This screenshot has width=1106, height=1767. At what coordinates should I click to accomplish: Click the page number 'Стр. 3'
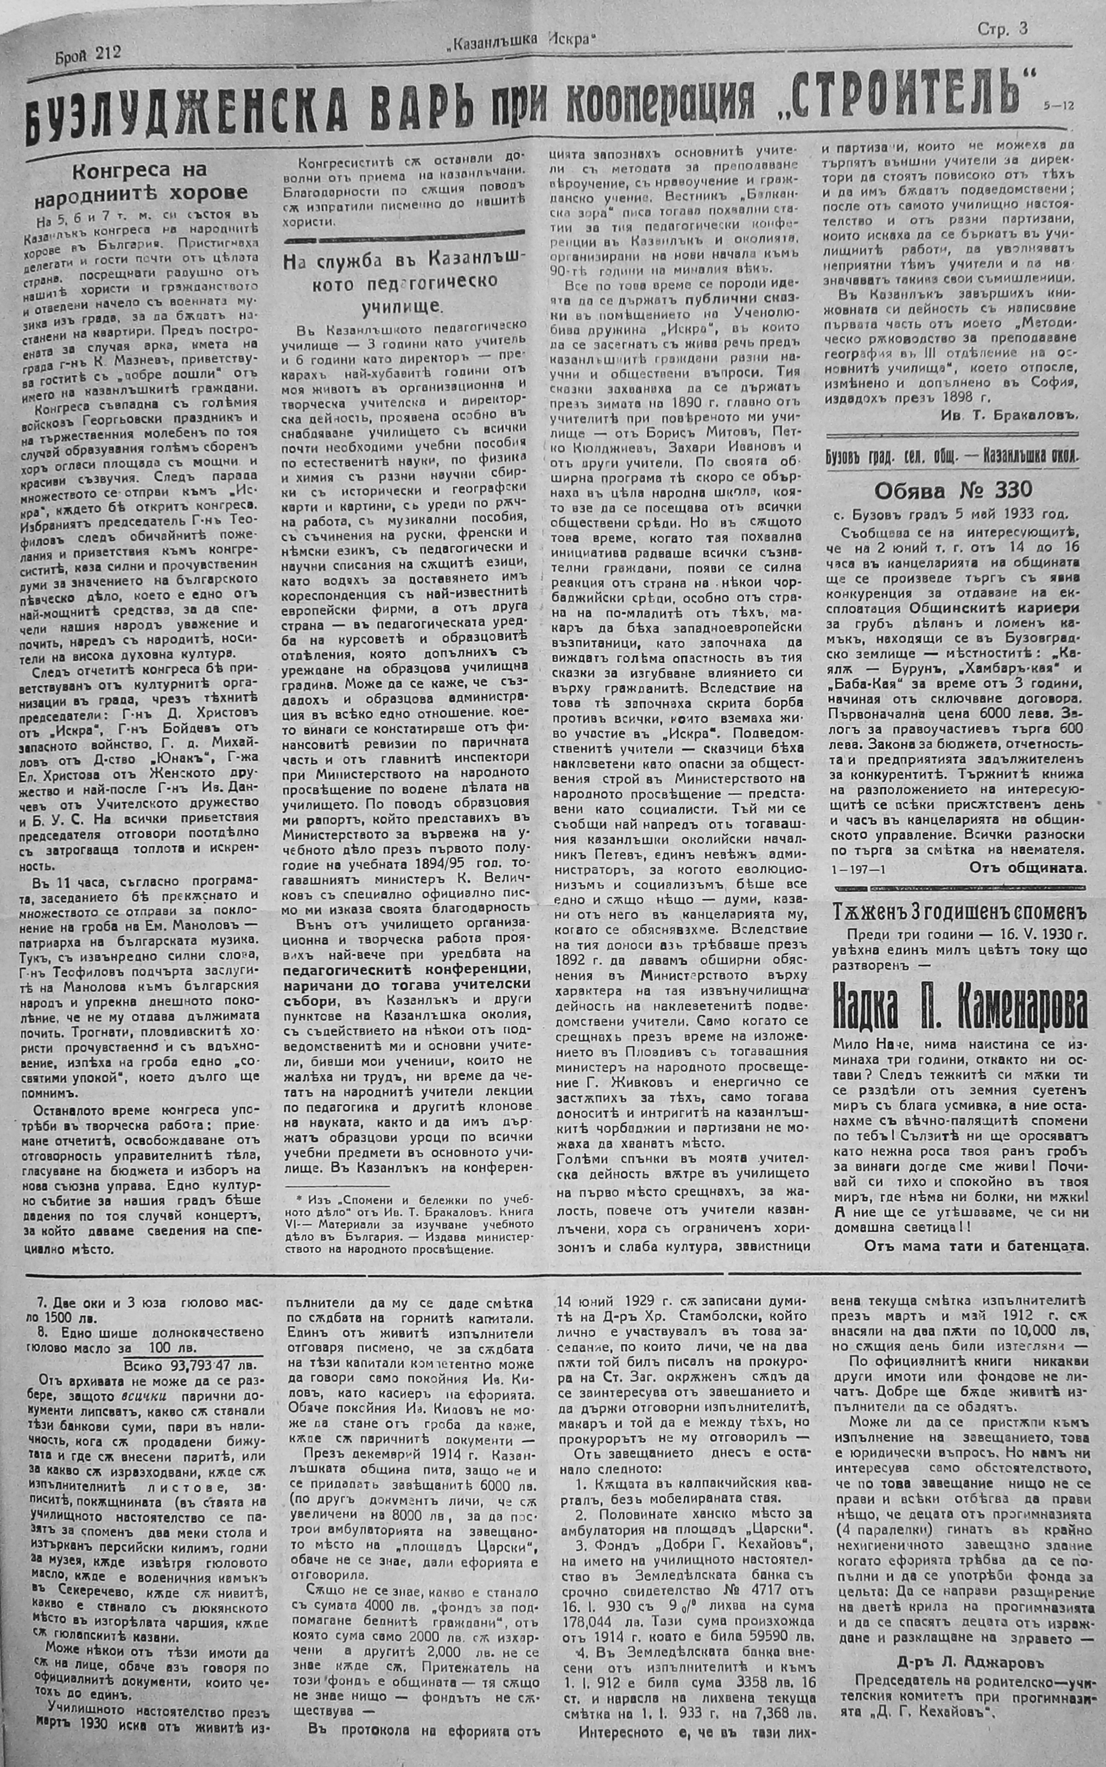click(x=1002, y=29)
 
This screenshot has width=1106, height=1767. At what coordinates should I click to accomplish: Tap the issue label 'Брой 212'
click(x=87, y=52)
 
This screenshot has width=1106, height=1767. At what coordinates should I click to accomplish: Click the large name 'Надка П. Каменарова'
click(x=958, y=1012)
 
